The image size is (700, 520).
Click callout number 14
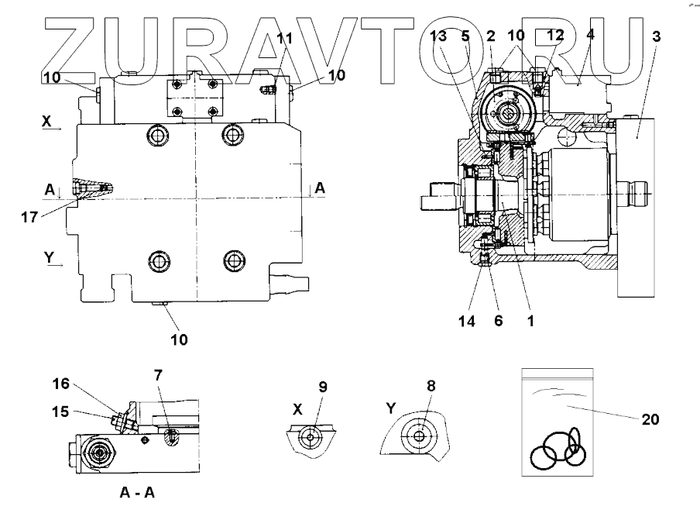(464, 319)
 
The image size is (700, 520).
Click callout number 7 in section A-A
(158, 376)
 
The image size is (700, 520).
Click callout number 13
(438, 36)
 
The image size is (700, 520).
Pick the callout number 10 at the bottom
(179, 339)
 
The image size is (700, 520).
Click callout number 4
(590, 36)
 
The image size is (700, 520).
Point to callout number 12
(554, 36)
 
